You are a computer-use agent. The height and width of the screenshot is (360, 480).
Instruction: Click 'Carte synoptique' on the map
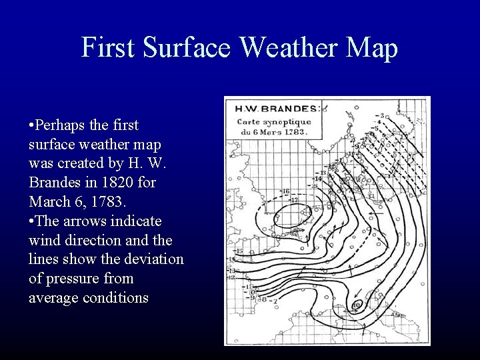[x=273, y=121]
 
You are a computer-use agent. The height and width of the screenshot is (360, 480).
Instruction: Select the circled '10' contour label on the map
[x=357, y=305]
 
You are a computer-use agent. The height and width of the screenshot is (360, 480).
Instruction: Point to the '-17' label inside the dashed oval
[x=294, y=199]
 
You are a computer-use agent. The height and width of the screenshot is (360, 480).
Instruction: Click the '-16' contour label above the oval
[x=285, y=191]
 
